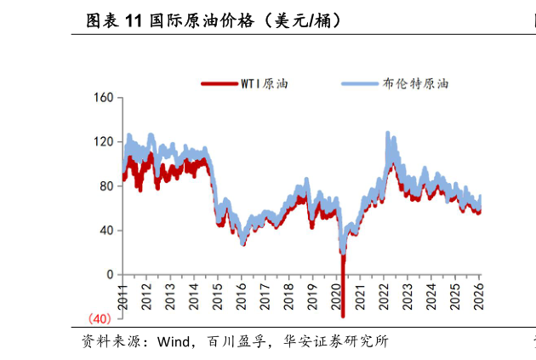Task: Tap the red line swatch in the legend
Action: click(x=219, y=83)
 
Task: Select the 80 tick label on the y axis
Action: click(x=105, y=186)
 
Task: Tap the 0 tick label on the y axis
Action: click(x=109, y=275)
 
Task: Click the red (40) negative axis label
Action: click(x=100, y=319)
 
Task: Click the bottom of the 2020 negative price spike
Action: click(x=343, y=316)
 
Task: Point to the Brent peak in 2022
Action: click(x=388, y=133)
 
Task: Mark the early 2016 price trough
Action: click(x=243, y=243)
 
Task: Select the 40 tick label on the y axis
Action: click(x=105, y=231)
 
